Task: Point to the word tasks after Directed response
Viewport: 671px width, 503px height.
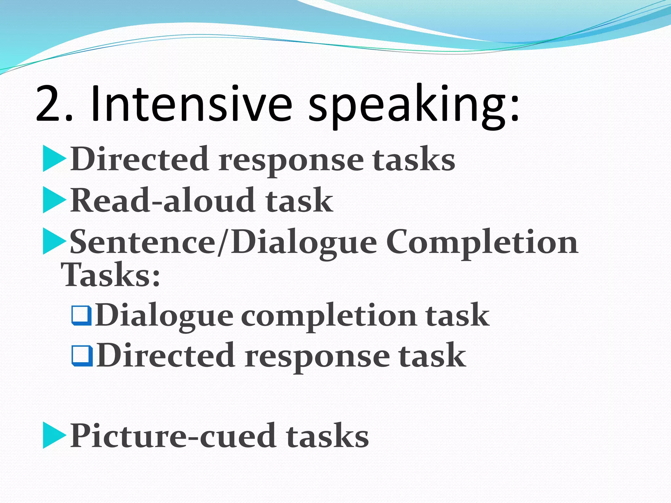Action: tap(413, 159)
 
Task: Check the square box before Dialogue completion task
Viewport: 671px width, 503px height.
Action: tap(81, 315)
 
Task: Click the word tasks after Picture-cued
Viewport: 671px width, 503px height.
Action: tap(327, 437)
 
